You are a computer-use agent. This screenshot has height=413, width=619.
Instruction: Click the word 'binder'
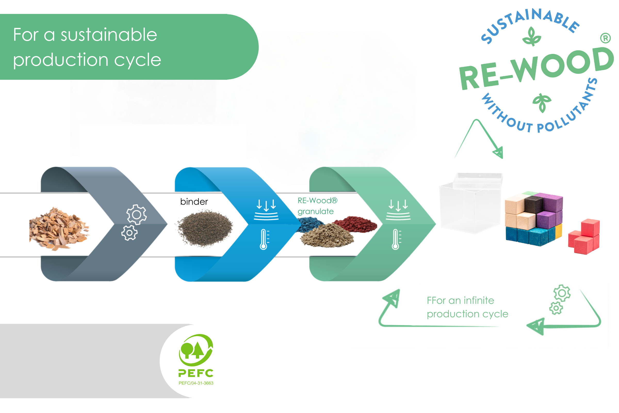click(194, 202)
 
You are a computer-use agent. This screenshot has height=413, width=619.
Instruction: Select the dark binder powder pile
click(205, 228)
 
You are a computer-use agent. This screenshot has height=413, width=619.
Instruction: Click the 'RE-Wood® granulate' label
click(317, 206)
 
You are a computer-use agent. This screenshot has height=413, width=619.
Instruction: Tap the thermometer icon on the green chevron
click(396, 239)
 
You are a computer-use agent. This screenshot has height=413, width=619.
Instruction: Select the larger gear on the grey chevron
click(136, 215)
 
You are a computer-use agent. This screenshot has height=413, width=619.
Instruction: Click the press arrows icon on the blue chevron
click(266, 210)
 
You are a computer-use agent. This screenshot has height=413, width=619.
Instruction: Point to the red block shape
click(584, 236)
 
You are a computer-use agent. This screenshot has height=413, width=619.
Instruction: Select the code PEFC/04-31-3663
click(196, 383)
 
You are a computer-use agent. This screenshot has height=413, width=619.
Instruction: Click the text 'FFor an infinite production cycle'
click(467, 307)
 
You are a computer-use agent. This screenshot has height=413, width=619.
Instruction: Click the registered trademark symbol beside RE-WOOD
click(605, 38)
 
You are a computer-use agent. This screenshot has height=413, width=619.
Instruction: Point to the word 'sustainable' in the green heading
click(109, 35)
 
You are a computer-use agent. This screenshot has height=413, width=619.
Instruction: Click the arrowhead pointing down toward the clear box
click(498, 153)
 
